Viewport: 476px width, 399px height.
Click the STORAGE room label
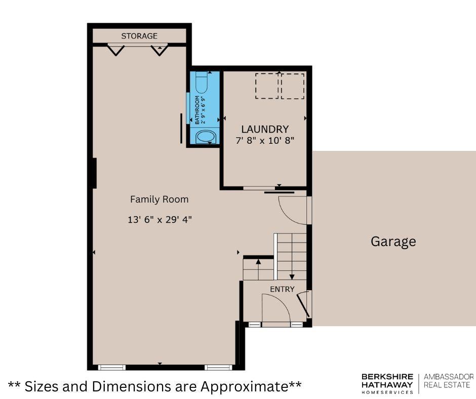pos(139,36)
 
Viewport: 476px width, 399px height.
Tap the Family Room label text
pos(160,200)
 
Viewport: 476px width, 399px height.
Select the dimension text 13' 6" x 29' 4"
pos(160,220)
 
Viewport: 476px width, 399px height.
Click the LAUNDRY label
pos(265,129)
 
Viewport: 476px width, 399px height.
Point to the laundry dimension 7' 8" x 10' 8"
pos(265,141)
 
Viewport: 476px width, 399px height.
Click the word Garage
pos(393,242)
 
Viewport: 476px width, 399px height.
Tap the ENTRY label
pos(283,290)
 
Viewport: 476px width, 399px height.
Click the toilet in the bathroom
pos(201,83)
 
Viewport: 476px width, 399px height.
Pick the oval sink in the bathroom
pos(206,137)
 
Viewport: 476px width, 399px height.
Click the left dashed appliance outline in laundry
pos(267,86)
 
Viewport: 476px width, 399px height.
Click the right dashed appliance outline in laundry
pos(293,86)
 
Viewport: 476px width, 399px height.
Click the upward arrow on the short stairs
pos(258,270)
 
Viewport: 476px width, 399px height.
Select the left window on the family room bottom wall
pos(112,368)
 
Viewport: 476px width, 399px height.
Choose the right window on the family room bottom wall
pos(218,368)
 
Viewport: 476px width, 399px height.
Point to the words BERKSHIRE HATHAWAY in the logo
pos(387,380)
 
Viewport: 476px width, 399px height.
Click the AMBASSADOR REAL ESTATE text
pos(449,381)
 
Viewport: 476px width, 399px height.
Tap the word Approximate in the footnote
pos(244,386)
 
